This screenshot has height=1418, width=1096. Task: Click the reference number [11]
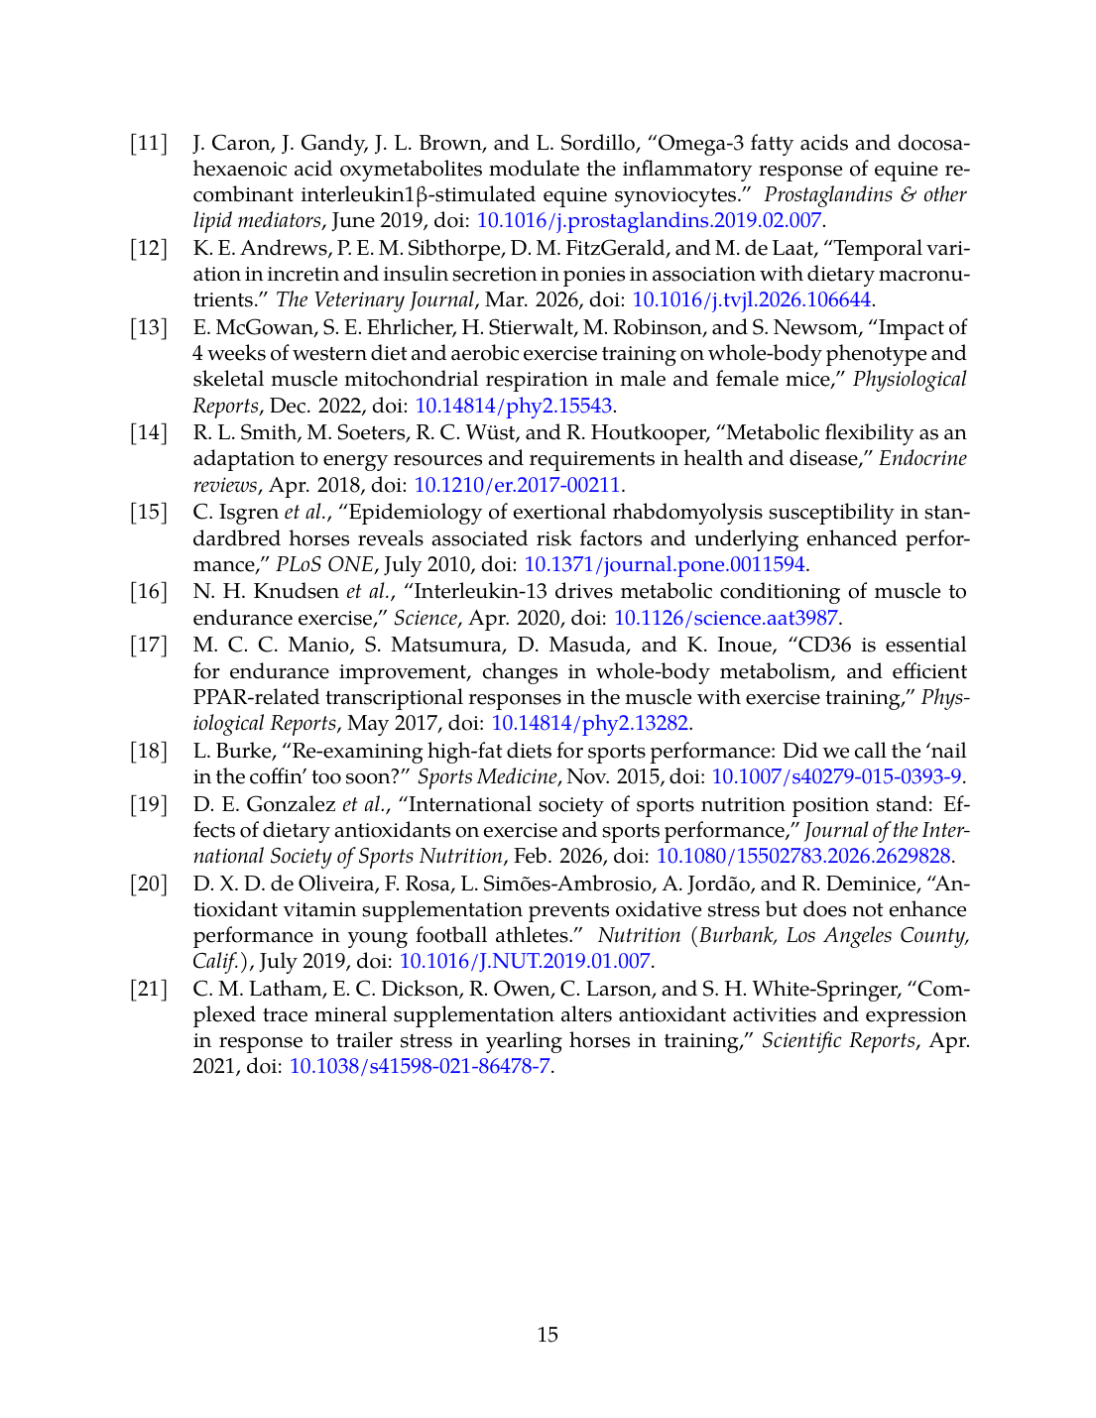[149, 143]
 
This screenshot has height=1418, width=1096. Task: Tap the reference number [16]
[149, 592]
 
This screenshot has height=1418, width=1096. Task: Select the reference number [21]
[149, 989]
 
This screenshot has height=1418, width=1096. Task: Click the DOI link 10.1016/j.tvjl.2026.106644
[751, 299]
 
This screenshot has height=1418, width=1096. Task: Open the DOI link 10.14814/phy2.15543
[513, 406]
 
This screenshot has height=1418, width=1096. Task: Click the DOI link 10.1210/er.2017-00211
[517, 485]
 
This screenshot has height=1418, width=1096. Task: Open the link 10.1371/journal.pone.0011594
[664, 564]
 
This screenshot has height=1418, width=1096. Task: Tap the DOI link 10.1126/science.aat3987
[725, 618]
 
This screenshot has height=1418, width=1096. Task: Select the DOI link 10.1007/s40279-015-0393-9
[836, 776]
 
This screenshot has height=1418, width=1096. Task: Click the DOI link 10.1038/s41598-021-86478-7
[420, 1067]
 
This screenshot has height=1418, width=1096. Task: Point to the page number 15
[548, 1335]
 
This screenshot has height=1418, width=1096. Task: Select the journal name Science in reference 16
[426, 618]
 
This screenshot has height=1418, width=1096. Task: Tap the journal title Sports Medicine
[487, 776]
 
